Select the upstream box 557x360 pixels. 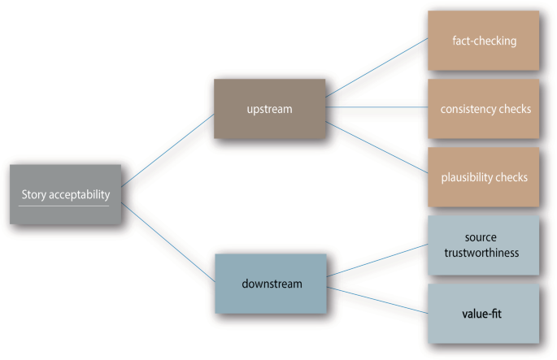pyautogui.click(x=268, y=107)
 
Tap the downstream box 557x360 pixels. pyautogui.click(x=272, y=283)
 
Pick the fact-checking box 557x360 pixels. pyautogui.click(x=484, y=40)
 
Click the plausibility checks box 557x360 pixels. pyautogui.click(x=484, y=176)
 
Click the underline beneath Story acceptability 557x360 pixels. pyautogui.click(x=64, y=206)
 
